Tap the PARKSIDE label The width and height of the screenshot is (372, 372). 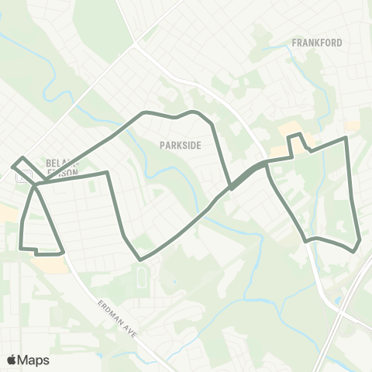181,144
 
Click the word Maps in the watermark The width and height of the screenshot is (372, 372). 34,360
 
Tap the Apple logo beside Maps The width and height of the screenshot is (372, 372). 12,360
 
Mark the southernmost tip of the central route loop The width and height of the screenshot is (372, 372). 139,259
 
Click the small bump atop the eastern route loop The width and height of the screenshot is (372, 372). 294,138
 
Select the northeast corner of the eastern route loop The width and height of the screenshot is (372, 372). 346,139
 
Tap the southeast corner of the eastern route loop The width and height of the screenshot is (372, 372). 357,249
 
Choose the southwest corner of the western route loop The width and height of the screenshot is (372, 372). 19,248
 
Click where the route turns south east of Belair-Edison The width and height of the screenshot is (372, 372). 105,174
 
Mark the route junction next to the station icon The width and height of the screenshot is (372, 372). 35,184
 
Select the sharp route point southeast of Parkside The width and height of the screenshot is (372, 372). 230,187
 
